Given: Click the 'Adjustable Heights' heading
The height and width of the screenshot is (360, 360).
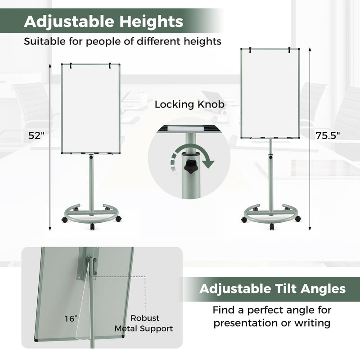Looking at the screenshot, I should pyautogui.click(x=103, y=21).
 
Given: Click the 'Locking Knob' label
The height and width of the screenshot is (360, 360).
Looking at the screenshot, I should pyautogui.click(x=189, y=105).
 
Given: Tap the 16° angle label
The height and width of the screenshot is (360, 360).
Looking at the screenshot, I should pyautogui.click(x=71, y=319).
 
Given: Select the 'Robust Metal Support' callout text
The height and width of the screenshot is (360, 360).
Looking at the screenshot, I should pyautogui.click(x=144, y=324).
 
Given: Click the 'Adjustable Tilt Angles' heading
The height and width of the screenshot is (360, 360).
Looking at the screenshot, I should pyautogui.click(x=273, y=288).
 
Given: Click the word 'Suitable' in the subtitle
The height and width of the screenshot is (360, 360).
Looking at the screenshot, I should pyautogui.click(x=43, y=41).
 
